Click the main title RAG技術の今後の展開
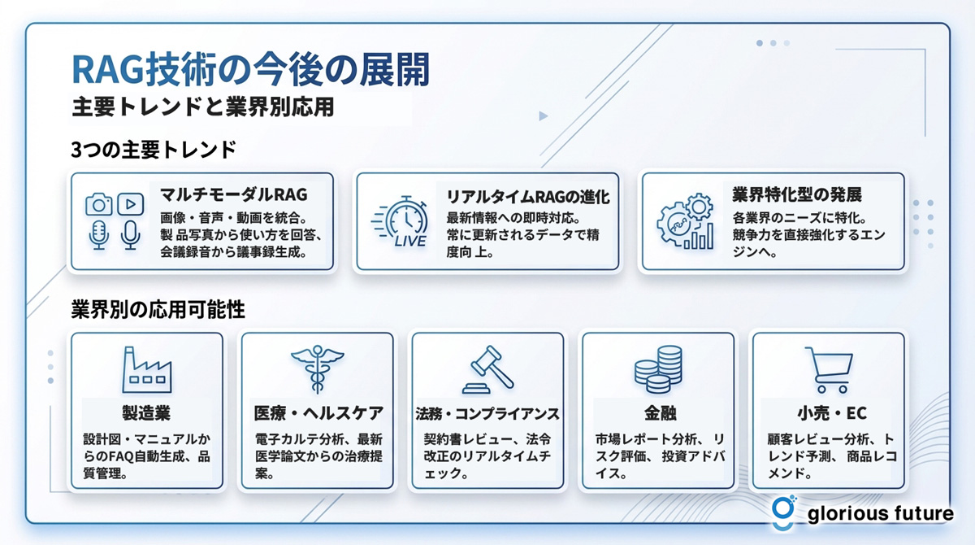(251, 69)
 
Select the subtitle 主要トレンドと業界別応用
(203, 107)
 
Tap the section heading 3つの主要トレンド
(154, 150)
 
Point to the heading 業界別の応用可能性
(158, 309)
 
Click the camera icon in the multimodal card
(99, 204)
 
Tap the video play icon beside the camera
(131, 204)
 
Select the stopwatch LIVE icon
(401, 221)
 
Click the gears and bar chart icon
(686, 221)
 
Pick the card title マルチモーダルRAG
(234, 194)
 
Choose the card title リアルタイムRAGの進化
(528, 197)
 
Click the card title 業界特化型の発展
(796, 194)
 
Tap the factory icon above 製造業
(147, 370)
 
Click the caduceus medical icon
(318, 369)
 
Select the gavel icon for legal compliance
(488, 369)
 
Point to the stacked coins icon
(658, 369)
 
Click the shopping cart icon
(829, 370)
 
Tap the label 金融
(661, 413)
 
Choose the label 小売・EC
(832, 413)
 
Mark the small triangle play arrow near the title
(544, 116)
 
